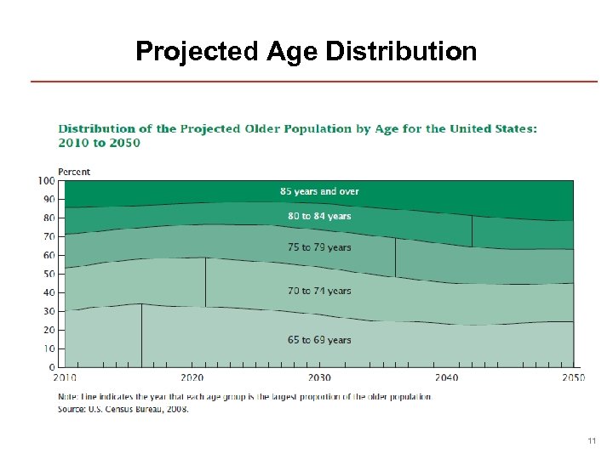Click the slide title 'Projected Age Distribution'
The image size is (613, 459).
coord(306,52)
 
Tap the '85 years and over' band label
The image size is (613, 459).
coord(319,191)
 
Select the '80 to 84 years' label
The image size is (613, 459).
coord(319,216)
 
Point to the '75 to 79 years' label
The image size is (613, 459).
coord(319,247)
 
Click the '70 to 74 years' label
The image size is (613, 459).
coord(319,291)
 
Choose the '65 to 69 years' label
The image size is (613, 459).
coord(319,340)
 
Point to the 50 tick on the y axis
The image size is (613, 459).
coord(49,274)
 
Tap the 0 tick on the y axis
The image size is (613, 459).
coord(51,367)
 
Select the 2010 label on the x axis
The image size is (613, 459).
coord(65,378)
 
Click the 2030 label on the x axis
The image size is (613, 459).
coord(319,378)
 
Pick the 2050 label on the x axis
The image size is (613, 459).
coord(572,378)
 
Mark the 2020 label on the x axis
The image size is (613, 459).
coord(192,378)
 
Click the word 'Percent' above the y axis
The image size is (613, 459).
coord(74,172)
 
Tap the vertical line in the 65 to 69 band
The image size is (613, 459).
coord(141,336)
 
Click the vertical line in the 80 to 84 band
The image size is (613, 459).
coord(472,231)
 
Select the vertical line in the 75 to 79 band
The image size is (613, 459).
coord(395,258)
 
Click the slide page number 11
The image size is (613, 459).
coord(592,441)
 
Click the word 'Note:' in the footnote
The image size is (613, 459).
coord(69,397)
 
